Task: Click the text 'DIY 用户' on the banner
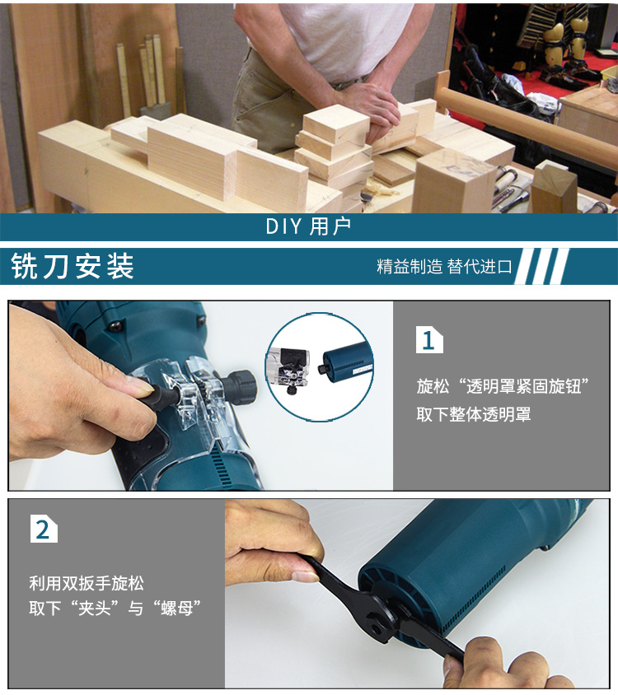pos(308,226)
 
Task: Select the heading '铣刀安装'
pos(73,267)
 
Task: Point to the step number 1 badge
pos(428,340)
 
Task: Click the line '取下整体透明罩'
pos(473,414)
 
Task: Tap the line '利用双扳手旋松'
pos(87,584)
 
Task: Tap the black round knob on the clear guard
pos(242,385)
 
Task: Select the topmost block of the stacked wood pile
pos(335,124)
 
